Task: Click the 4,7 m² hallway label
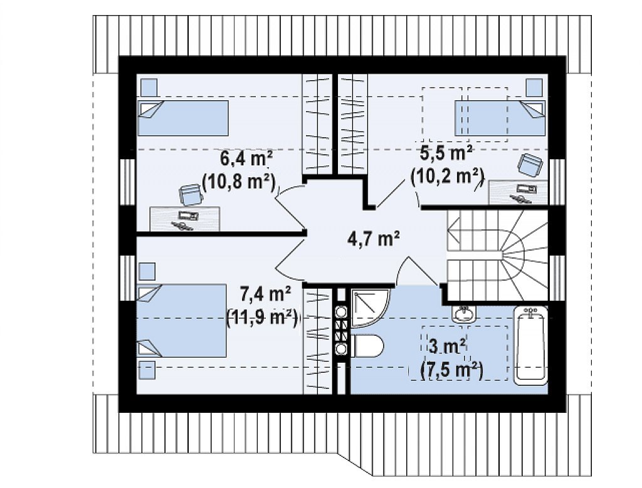coord(373,239)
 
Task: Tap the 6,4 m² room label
coord(246,158)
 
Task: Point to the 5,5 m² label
coord(446,154)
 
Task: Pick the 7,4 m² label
coord(265,293)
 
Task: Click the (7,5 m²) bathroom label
coord(452,370)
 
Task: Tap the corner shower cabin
coord(369,308)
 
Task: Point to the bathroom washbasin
coord(465,313)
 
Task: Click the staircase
coord(497,256)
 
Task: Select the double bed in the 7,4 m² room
coord(182,320)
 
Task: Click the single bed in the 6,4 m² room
coord(182,118)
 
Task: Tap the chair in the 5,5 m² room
coord(530,165)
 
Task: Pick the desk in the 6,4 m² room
coord(185,219)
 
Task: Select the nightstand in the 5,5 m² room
coord(534,88)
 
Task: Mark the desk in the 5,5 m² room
coord(518,192)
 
